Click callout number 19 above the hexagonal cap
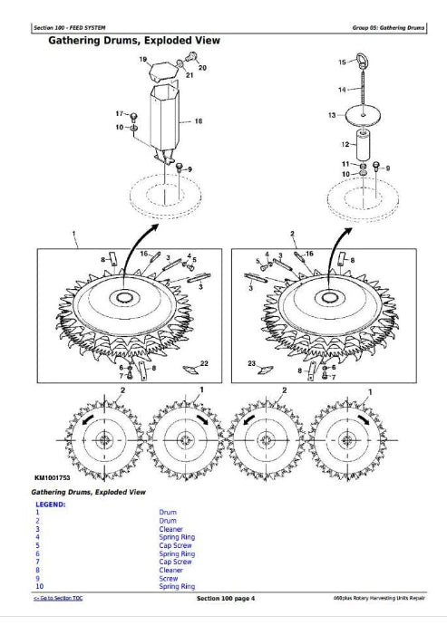pos(143,60)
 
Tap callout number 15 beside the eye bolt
pos(342,62)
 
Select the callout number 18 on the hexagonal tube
pos(199,120)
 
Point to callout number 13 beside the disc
pos(332,115)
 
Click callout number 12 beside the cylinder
pos(344,145)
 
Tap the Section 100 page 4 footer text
pos(226,599)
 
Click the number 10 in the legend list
pos(38,587)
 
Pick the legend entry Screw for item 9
pos(168,579)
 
